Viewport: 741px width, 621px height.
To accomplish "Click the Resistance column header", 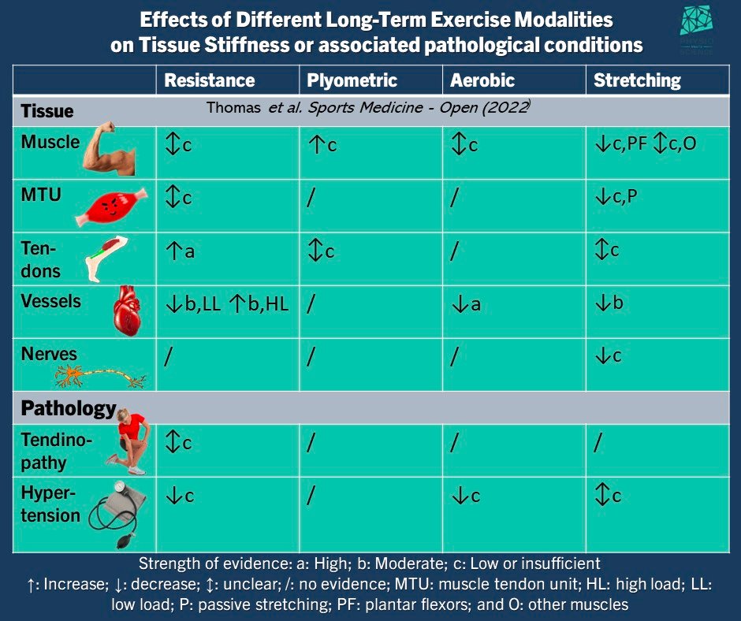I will click(x=210, y=80).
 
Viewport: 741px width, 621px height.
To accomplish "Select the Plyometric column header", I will click(x=352, y=80).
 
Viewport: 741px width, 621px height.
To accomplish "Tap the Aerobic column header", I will click(x=482, y=80).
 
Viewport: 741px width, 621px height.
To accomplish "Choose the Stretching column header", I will click(x=636, y=80).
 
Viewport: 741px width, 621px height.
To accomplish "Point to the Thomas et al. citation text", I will click(x=367, y=108).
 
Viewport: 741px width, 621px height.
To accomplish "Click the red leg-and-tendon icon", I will click(x=105, y=257).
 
